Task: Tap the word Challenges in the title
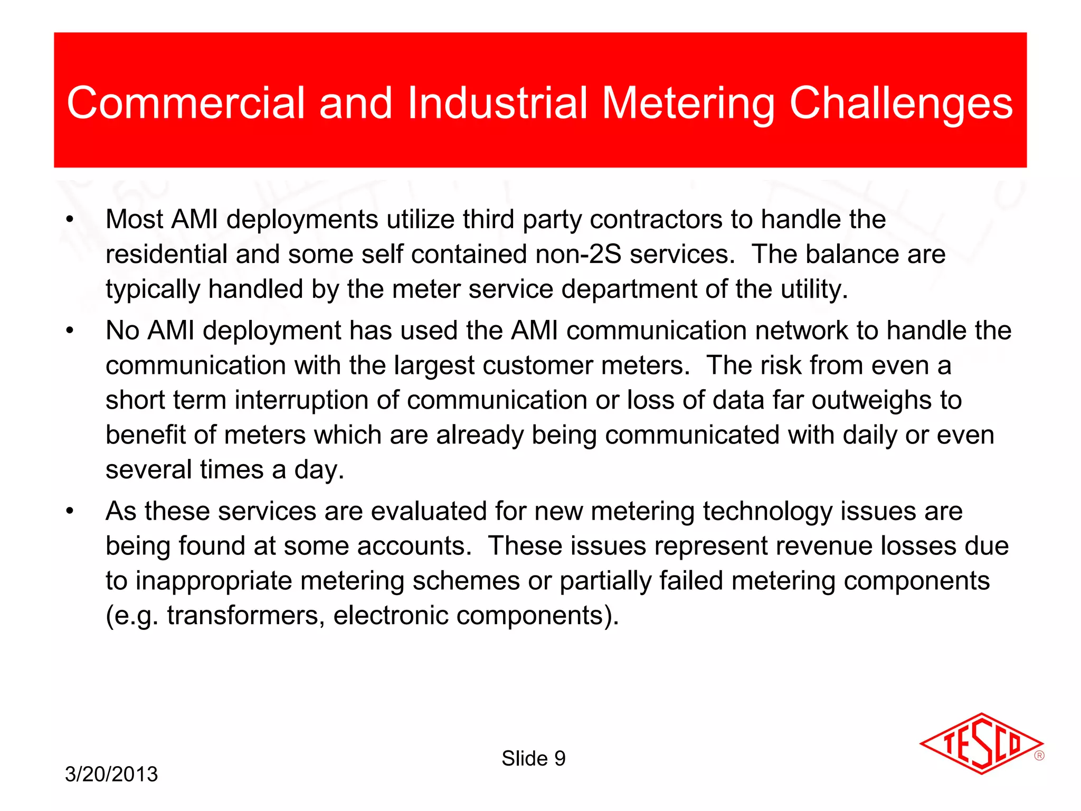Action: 900,103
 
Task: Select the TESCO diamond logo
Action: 981,743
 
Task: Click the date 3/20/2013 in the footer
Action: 111,774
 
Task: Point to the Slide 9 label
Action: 533,758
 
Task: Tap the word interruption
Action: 301,400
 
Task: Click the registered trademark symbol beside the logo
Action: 1039,756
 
